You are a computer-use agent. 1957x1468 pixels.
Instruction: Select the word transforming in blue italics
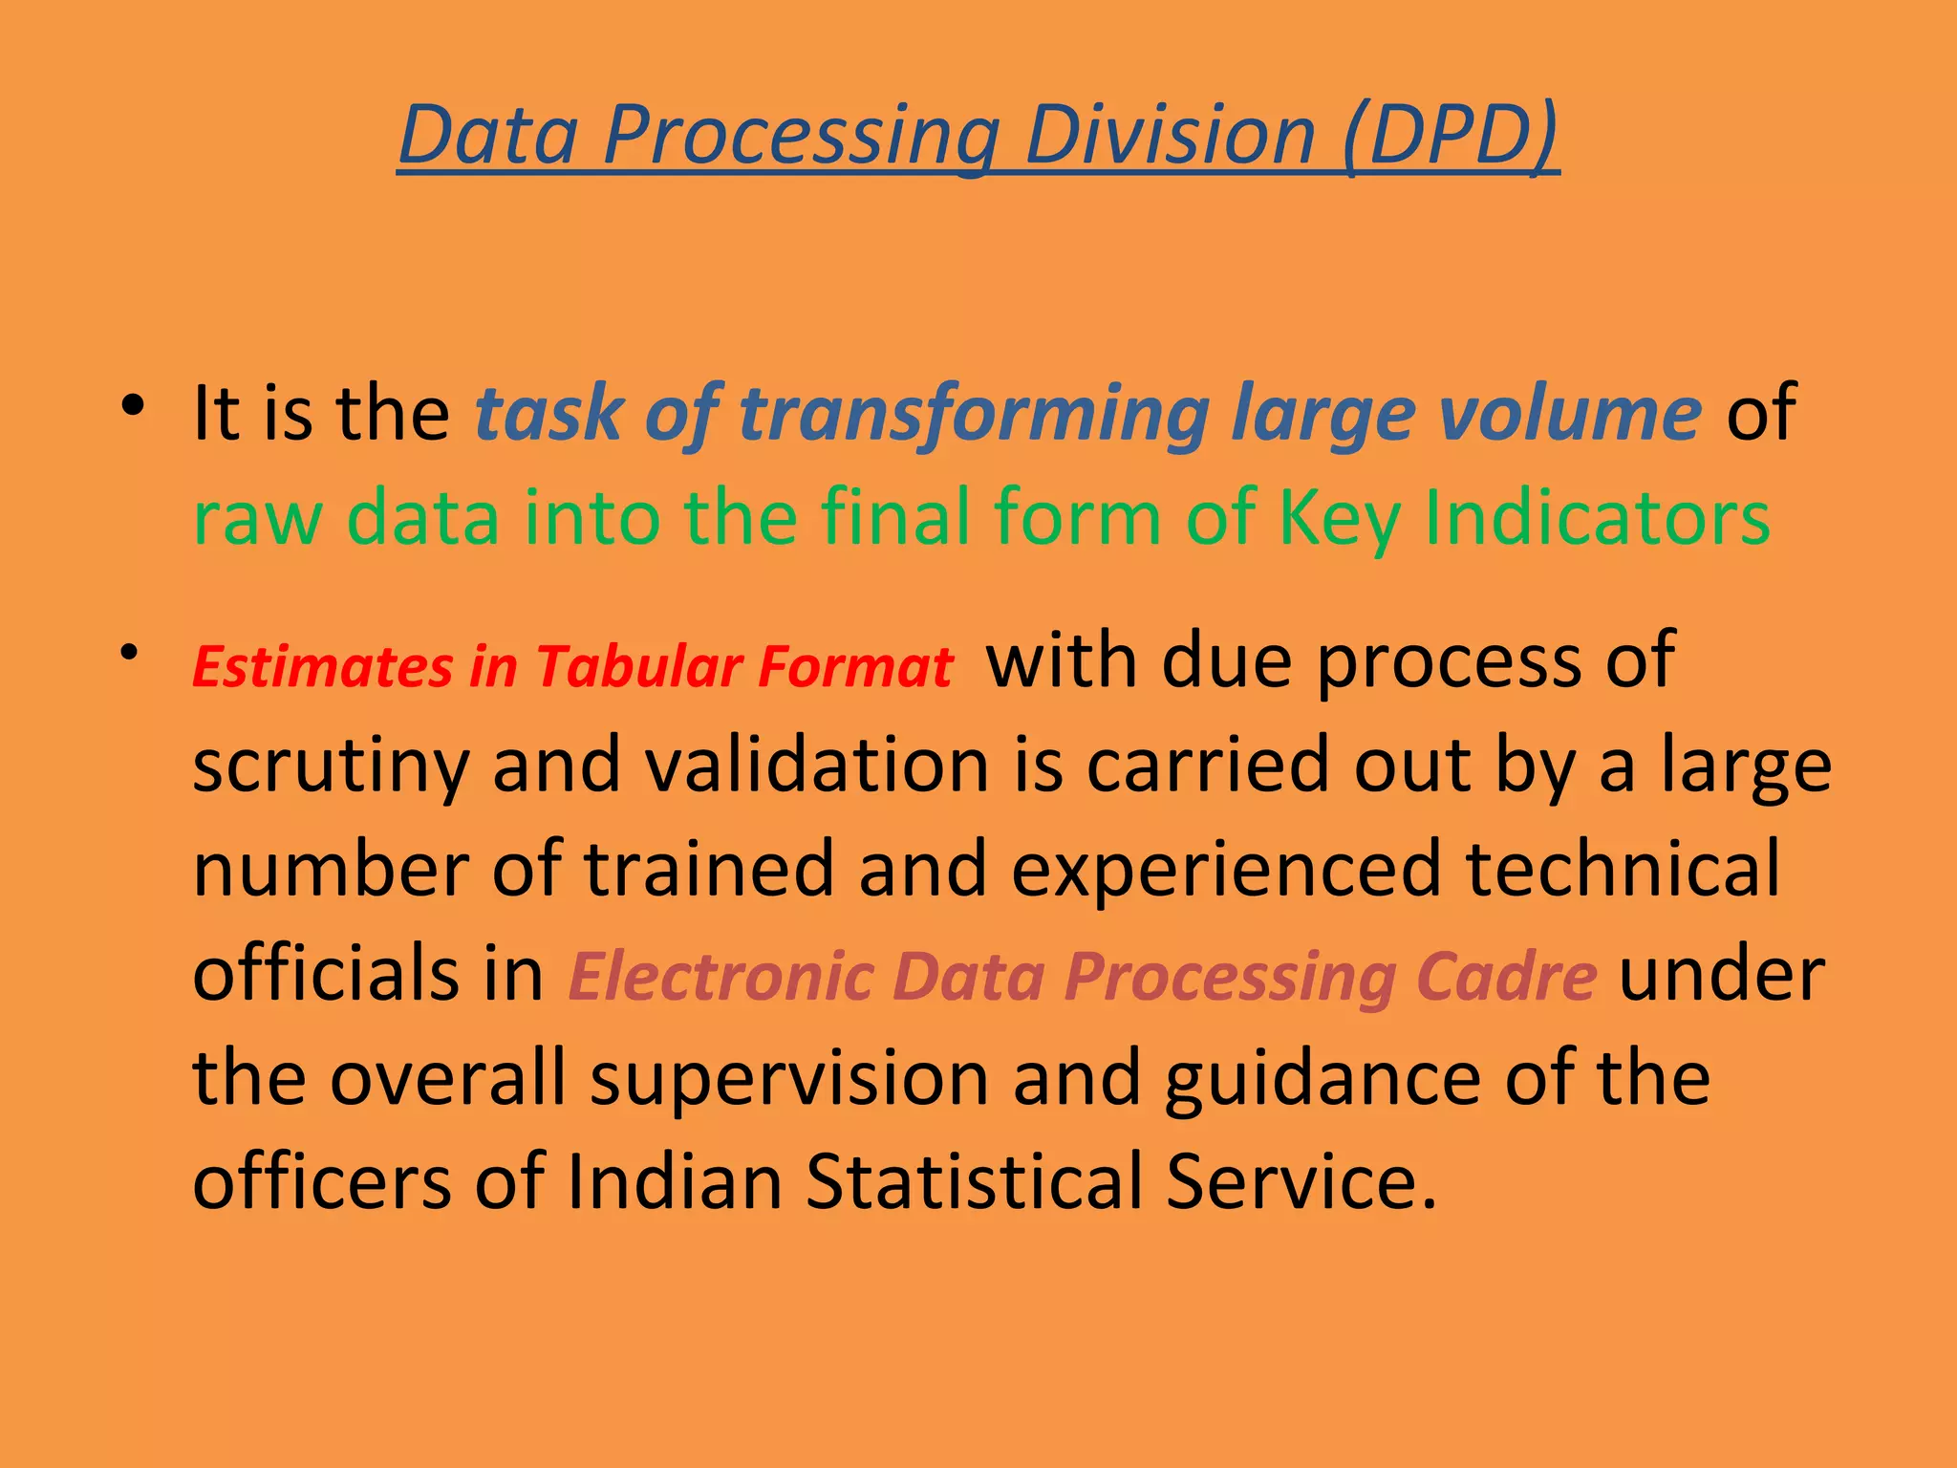click(974, 413)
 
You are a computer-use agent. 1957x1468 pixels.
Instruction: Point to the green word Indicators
click(1597, 517)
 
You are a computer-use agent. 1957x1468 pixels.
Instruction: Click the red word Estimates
click(322, 666)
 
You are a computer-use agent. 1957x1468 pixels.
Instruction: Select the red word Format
click(855, 666)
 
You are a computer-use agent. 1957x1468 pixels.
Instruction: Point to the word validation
click(817, 765)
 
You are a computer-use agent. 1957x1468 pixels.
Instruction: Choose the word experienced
click(1225, 868)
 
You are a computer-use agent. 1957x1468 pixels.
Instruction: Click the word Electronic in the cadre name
click(720, 977)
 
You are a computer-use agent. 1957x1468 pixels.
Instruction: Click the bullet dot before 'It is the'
click(132, 405)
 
